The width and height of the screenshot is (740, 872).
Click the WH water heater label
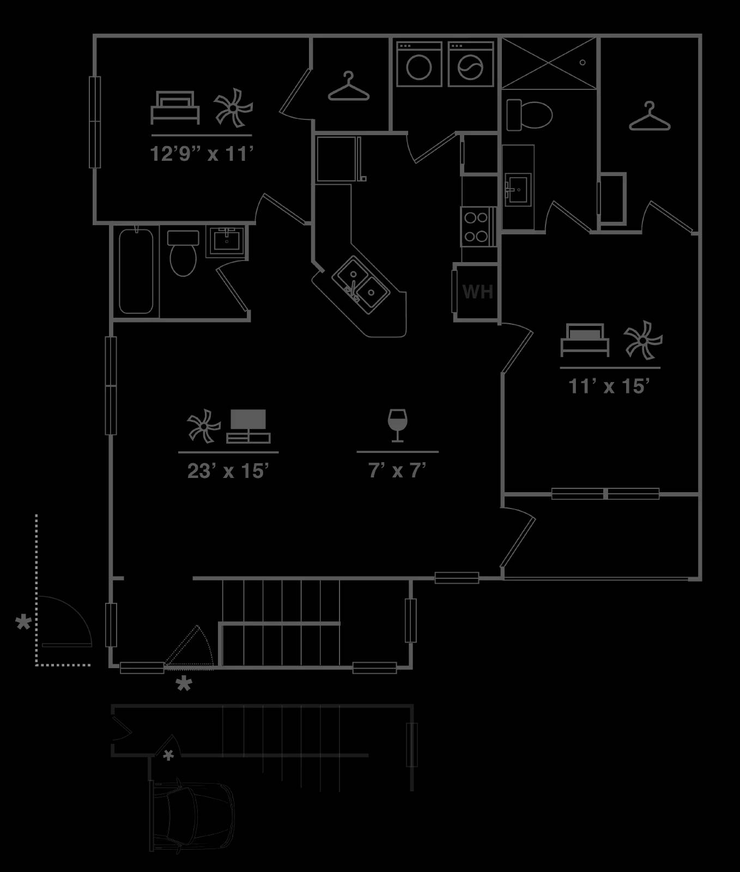point(478,292)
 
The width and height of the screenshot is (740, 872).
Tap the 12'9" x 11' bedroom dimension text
point(202,154)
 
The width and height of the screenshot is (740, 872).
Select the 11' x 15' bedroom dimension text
point(609,386)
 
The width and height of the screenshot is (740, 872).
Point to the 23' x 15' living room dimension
point(228,471)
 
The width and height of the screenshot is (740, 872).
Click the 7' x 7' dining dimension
point(397,470)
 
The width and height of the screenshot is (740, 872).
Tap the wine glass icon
point(397,425)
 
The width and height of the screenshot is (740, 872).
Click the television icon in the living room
point(248,426)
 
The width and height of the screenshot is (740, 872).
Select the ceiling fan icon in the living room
point(203,426)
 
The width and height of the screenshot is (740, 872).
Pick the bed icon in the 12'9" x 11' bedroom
point(175,108)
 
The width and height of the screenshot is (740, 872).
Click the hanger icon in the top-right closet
point(650,116)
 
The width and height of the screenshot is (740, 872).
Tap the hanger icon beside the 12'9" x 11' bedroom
point(349,87)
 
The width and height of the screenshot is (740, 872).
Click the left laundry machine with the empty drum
point(419,64)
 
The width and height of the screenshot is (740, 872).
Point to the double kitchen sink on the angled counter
point(360,285)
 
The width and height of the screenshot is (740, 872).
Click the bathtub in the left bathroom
point(136,271)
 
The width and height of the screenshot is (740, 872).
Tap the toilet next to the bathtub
point(183,253)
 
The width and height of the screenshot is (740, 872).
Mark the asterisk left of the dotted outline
point(23,622)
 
